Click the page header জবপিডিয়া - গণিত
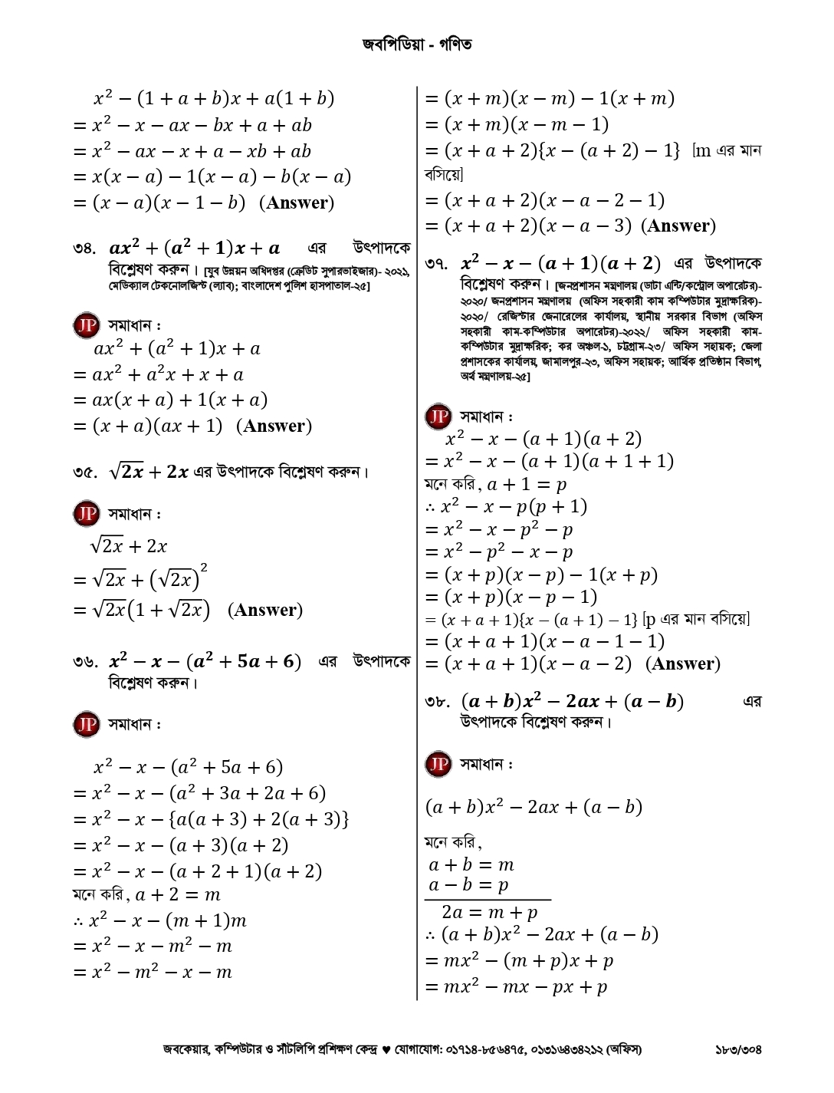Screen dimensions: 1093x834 tap(417, 44)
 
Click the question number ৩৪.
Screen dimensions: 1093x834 tap(84, 249)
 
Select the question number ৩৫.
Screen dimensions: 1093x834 tap(84, 472)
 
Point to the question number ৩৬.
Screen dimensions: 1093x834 tap(84, 662)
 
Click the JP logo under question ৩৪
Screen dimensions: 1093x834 tap(87, 325)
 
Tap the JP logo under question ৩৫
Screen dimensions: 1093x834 tap(87, 513)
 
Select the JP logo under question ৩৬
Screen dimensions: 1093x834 tap(87, 723)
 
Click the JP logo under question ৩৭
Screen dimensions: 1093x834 tap(438, 416)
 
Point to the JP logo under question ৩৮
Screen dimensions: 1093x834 tap(438, 764)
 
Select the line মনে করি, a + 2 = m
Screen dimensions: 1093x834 tap(146, 894)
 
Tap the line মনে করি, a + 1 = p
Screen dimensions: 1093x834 tap(495, 484)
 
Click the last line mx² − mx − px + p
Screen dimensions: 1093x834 tap(516, 987)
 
